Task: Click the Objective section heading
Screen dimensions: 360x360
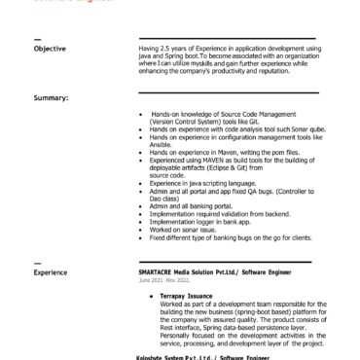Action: (x=51, y=49)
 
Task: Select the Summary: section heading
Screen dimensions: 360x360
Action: (x=50, y=98)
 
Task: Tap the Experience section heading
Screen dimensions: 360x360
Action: (x=52, y=272)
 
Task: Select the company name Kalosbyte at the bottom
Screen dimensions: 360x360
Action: (x=155, y=356)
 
